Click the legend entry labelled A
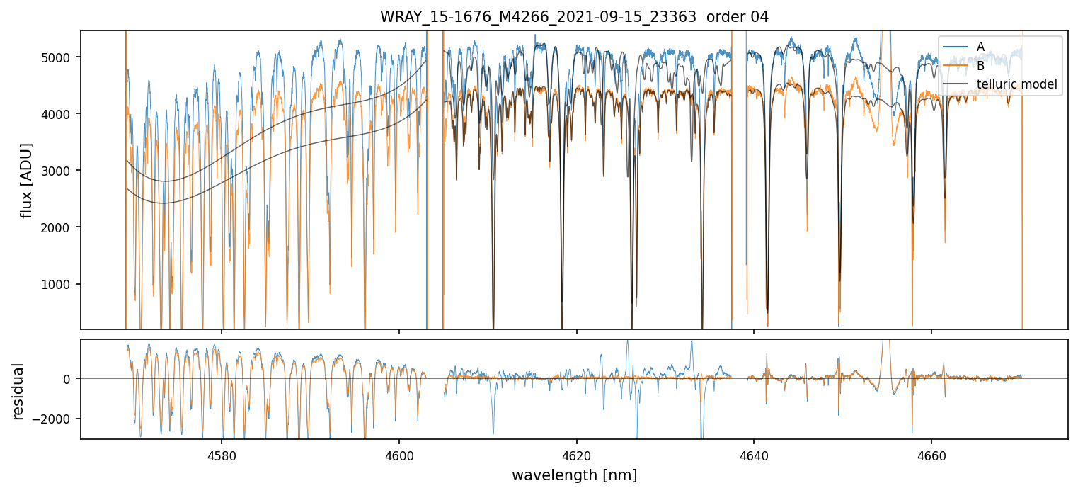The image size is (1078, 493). coord(980,47)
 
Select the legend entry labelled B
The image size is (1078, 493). coord(980,66)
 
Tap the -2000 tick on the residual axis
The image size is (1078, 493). coord(57,419)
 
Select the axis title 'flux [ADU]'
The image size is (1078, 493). coord(27,180)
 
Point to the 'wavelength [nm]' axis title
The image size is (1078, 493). coord(574,475)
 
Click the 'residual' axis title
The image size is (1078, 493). coord(18,391)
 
